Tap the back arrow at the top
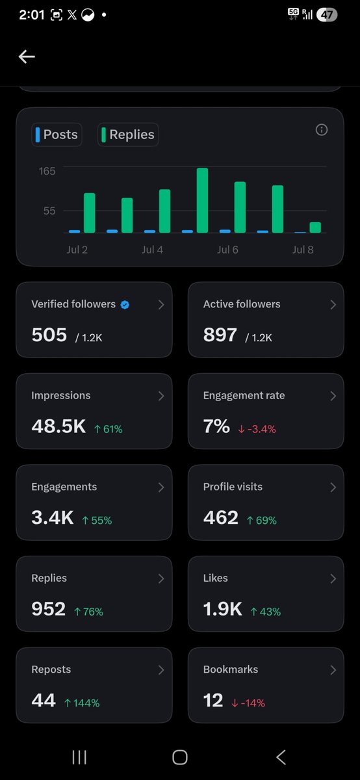pos(27,57)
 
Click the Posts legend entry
pos(57,135)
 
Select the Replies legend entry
pos(128,135)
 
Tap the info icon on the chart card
pos(322,130)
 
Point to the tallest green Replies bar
pos(202,200)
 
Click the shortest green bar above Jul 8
pos(315,227)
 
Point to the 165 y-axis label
pos(47,171)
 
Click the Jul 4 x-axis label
pos(152,250)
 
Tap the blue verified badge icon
pos(125,305)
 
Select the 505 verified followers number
pos(49,335)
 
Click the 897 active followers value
pos(220,335)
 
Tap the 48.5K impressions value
pos(58,426)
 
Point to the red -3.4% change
pos(257,429)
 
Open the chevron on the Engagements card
pos(161,487)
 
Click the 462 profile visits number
pos(221,517)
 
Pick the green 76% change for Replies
pos(89,612)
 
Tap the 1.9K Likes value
pos(222,608)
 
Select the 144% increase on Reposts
pos(82,703)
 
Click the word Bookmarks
pos(231,669)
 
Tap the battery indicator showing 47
pos(327,14)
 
